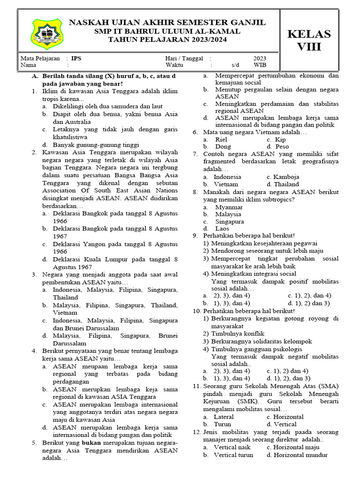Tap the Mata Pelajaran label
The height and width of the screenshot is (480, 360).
click(x=40, y=59)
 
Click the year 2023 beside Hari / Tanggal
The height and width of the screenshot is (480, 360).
click(x=260, y=59)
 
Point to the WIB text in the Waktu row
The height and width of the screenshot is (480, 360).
click(x=260, y=66)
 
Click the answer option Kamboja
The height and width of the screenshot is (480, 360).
click(x=283, y=177)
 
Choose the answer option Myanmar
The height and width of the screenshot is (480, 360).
click(x=229, y=207)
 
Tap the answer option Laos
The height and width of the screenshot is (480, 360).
click(x=222, y=228)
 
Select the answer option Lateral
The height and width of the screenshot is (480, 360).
click(x=224, y=417)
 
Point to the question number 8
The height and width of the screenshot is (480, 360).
click(x=195, y=192)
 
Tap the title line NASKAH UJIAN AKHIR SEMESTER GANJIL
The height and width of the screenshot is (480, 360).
click(x=167, y=23)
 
